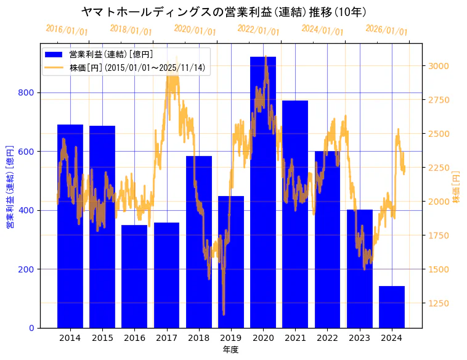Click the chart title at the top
[x=224, y=12]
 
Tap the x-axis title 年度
[x=230, y=350]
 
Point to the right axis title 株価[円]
[x=457, y=187]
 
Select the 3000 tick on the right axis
[x=441, y=66]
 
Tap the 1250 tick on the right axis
[x=441, y=303]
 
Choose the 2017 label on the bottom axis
[x=166, y=337]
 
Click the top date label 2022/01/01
[x=258, y=30]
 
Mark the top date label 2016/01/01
[x=67, y=30]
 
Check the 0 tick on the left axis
[x=31, y=328]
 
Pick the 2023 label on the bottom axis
[x=359, y=337]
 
